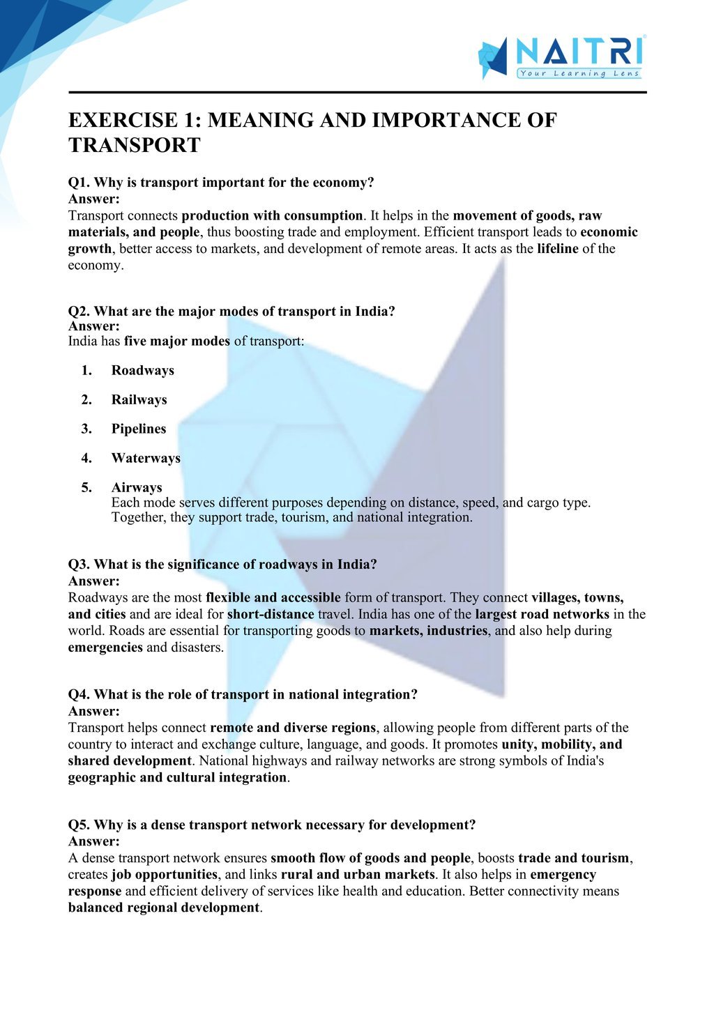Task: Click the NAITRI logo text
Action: [x=577, y=52]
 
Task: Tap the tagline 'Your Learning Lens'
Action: [x=579, y=73]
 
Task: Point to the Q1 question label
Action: [x=79, y=183]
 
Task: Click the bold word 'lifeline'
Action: [x=557, y=249]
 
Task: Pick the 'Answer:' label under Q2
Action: [x=94, y=326]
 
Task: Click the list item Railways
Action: [x=139, y=400]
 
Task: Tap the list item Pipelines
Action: [x=139, y=429]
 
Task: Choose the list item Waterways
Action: [x=146, y=459]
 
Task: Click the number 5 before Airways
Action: [x=86, y=488]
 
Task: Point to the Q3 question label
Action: [x=79, y=565]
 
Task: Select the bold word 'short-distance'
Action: [x=271, y=615]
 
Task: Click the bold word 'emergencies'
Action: [x=105, y=648]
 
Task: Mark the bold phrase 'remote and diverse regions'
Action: [x=293, y=728]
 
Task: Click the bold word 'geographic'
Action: [x=102, y=778]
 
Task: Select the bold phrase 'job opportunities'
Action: [x=165, y=875]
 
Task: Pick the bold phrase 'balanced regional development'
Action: [x=163, y=908]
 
